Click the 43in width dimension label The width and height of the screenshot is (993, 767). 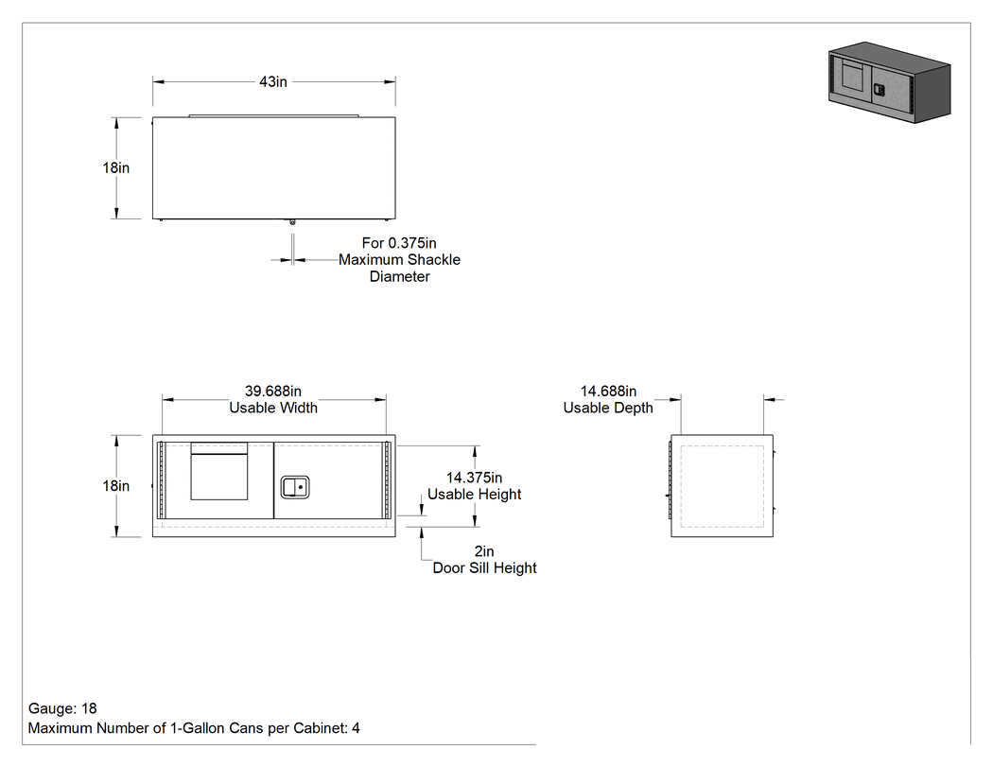(273, 81)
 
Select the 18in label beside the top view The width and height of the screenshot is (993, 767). (116, 167)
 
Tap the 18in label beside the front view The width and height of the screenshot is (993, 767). (116, 486)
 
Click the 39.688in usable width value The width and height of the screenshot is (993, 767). (273, 392)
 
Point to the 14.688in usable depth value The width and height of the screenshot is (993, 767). (609, 392)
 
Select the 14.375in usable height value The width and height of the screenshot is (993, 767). (475, 478)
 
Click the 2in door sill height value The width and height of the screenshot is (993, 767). (484, 551)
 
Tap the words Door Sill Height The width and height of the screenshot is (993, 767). (484, 568)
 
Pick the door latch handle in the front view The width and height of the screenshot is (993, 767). (294, 487)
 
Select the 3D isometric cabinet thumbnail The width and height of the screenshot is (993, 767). (890, 82)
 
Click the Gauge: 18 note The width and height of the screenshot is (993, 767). (62, 708)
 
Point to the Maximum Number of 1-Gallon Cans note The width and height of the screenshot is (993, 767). (194, 728)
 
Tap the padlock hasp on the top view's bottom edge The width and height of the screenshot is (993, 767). (292, 221)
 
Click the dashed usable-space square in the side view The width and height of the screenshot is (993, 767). (722, 486)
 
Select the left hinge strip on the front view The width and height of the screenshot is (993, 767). (162, 479)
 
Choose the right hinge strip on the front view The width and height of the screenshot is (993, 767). (387, 479)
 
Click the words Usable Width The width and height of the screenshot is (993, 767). (273, 408)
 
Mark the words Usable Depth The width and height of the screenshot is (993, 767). (608, 408)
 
